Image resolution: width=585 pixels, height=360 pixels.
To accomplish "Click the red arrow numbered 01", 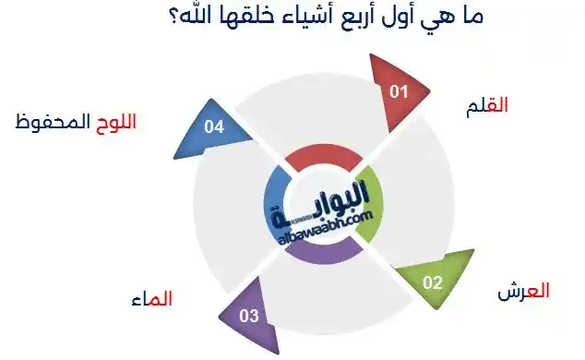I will [399, 92].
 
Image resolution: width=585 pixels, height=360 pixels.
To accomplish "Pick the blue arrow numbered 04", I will [215, 128].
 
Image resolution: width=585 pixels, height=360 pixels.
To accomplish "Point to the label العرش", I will [523, 290].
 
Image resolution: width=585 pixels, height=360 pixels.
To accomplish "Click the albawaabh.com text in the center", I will [325, 224].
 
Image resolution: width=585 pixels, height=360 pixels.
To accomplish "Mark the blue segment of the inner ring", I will [273, 204].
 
